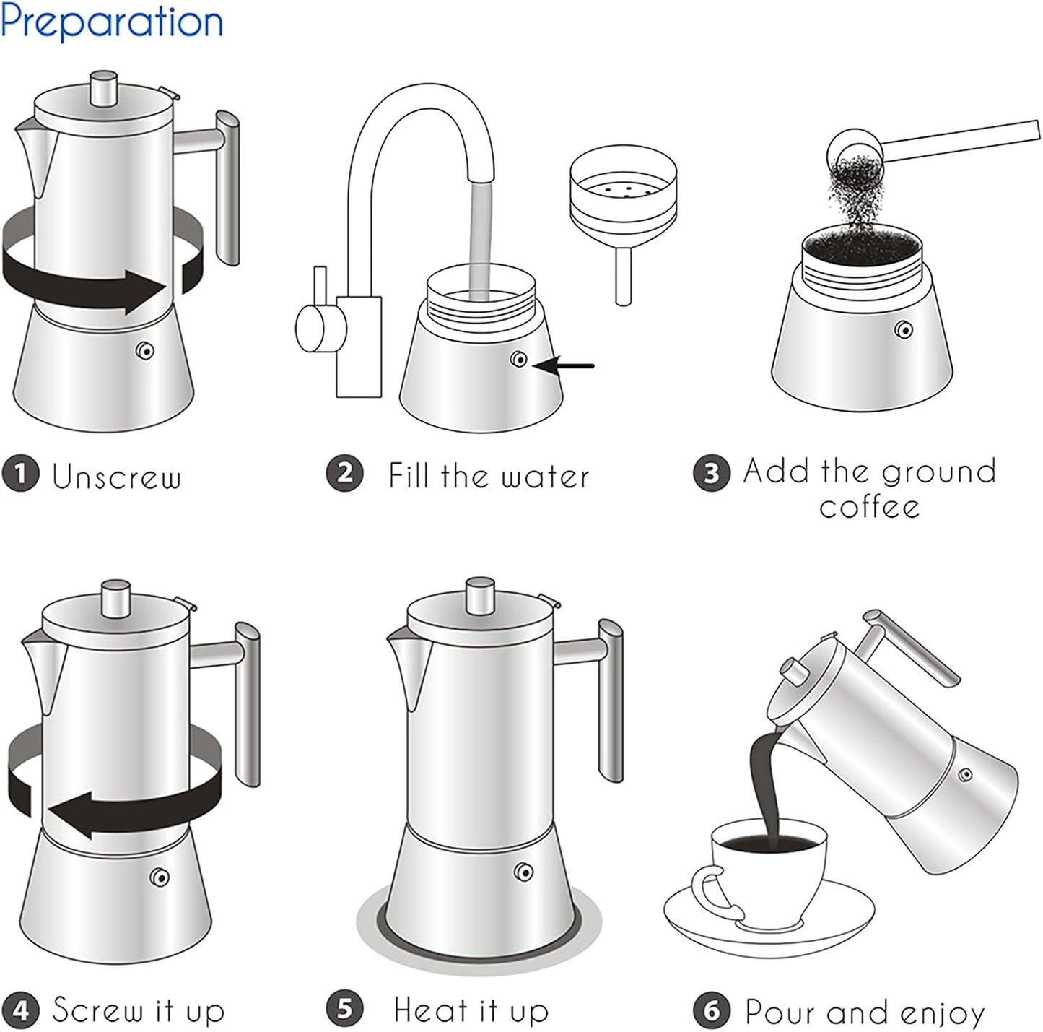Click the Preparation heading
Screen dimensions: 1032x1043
[112, 22]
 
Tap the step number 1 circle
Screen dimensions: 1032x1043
[20, 474]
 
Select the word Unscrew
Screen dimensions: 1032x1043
[116, 477]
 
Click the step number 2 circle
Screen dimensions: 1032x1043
[345, 474]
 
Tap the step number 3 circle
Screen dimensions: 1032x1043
[712, 474]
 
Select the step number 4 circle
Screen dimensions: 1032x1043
[20, 1009]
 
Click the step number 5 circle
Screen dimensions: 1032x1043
[345, 1009]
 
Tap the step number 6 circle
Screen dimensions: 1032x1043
[712, 1010]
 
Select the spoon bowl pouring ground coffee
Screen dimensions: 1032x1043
[852, 148]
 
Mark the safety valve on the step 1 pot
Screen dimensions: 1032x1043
[145, 351]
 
